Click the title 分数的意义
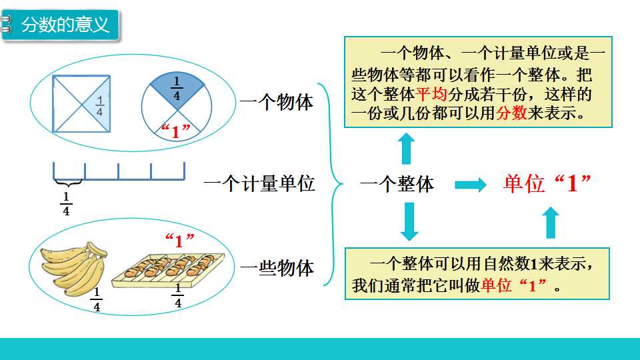click(x=65, y=25)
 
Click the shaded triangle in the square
click(x=101, y=104)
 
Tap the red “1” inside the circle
click(x=176, y=131)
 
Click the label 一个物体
click(x=276, y=101)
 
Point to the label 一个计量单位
click(x=259, y=183)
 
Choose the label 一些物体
click(x=277, y=268)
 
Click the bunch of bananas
click(x=74, y=268)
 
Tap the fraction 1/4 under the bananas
click(x=97, y=299)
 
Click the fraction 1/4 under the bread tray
click(x=177, y=295)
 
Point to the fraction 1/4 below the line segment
click(x=66, y=204)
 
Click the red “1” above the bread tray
click(x=179, y=241)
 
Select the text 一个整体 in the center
click(x=397, y=184)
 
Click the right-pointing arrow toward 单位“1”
click(x=471, y=185)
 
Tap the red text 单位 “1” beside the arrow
click(x=547, y=183)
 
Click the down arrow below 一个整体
click(x=409, y=221)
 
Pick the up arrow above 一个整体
click(x=406, y=149)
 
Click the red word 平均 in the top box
click(x=431, y=94)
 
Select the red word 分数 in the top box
click(x=511, y=113)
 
